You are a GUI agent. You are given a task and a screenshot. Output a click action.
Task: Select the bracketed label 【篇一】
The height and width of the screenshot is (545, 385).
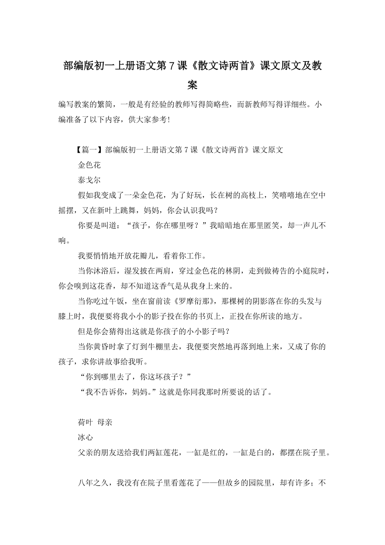[x=88, y=150]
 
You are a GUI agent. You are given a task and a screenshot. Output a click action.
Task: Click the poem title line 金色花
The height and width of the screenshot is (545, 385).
[x=89, y=165]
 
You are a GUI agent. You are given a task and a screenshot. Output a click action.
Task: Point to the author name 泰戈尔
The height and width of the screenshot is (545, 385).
[x=89, y=180]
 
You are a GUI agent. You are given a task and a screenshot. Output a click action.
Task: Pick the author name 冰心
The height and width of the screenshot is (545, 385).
[x=85, y=437]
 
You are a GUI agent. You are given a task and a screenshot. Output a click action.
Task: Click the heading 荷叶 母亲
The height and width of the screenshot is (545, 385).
[x=95, y=422]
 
